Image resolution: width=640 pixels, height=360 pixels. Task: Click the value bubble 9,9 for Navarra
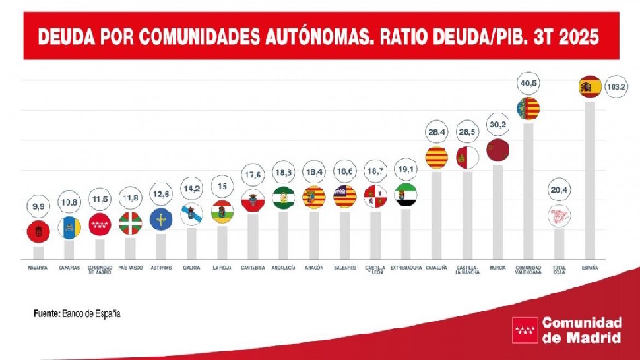38,206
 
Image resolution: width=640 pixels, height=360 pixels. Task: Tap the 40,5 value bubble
528,84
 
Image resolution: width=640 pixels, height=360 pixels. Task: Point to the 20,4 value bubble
559,189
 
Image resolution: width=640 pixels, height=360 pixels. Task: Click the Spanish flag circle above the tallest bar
590,86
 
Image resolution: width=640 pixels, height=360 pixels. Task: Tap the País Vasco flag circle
131,224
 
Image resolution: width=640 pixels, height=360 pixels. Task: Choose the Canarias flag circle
69,226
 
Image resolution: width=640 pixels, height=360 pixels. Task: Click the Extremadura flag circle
405,195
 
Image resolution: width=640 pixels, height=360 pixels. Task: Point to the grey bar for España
590,179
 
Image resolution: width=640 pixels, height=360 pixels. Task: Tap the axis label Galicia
192,267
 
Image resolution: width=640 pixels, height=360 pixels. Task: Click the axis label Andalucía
283,267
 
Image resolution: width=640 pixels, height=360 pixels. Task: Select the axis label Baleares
345,267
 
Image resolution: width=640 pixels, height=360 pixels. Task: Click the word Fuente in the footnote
47,313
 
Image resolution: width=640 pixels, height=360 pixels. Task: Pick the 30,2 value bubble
497,123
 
